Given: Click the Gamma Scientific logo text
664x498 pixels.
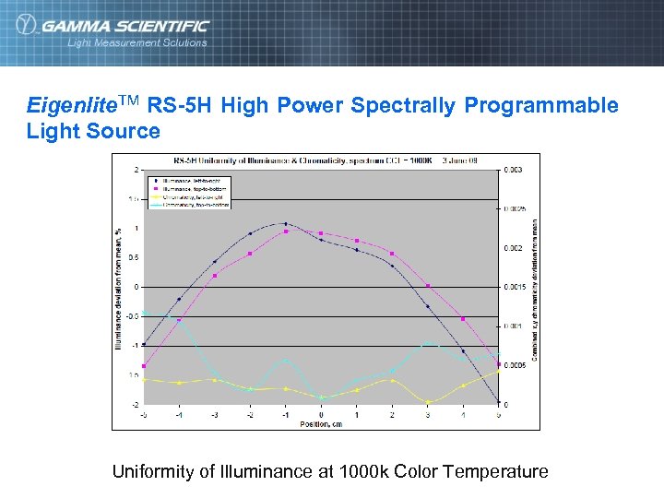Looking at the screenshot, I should point(124,26).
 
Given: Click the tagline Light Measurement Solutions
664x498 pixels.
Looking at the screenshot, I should point(136,42).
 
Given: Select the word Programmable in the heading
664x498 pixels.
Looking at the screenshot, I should point(541,105).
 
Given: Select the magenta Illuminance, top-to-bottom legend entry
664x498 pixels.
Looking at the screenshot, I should point(189,188).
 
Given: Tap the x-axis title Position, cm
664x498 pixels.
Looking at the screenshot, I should point(321,424).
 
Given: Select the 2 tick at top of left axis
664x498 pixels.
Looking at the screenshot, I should point(136,171).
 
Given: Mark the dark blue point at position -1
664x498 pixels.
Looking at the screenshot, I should point(286,223).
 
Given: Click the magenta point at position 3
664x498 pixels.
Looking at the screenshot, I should point(428,286).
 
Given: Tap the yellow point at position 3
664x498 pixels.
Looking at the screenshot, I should point(428,402).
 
